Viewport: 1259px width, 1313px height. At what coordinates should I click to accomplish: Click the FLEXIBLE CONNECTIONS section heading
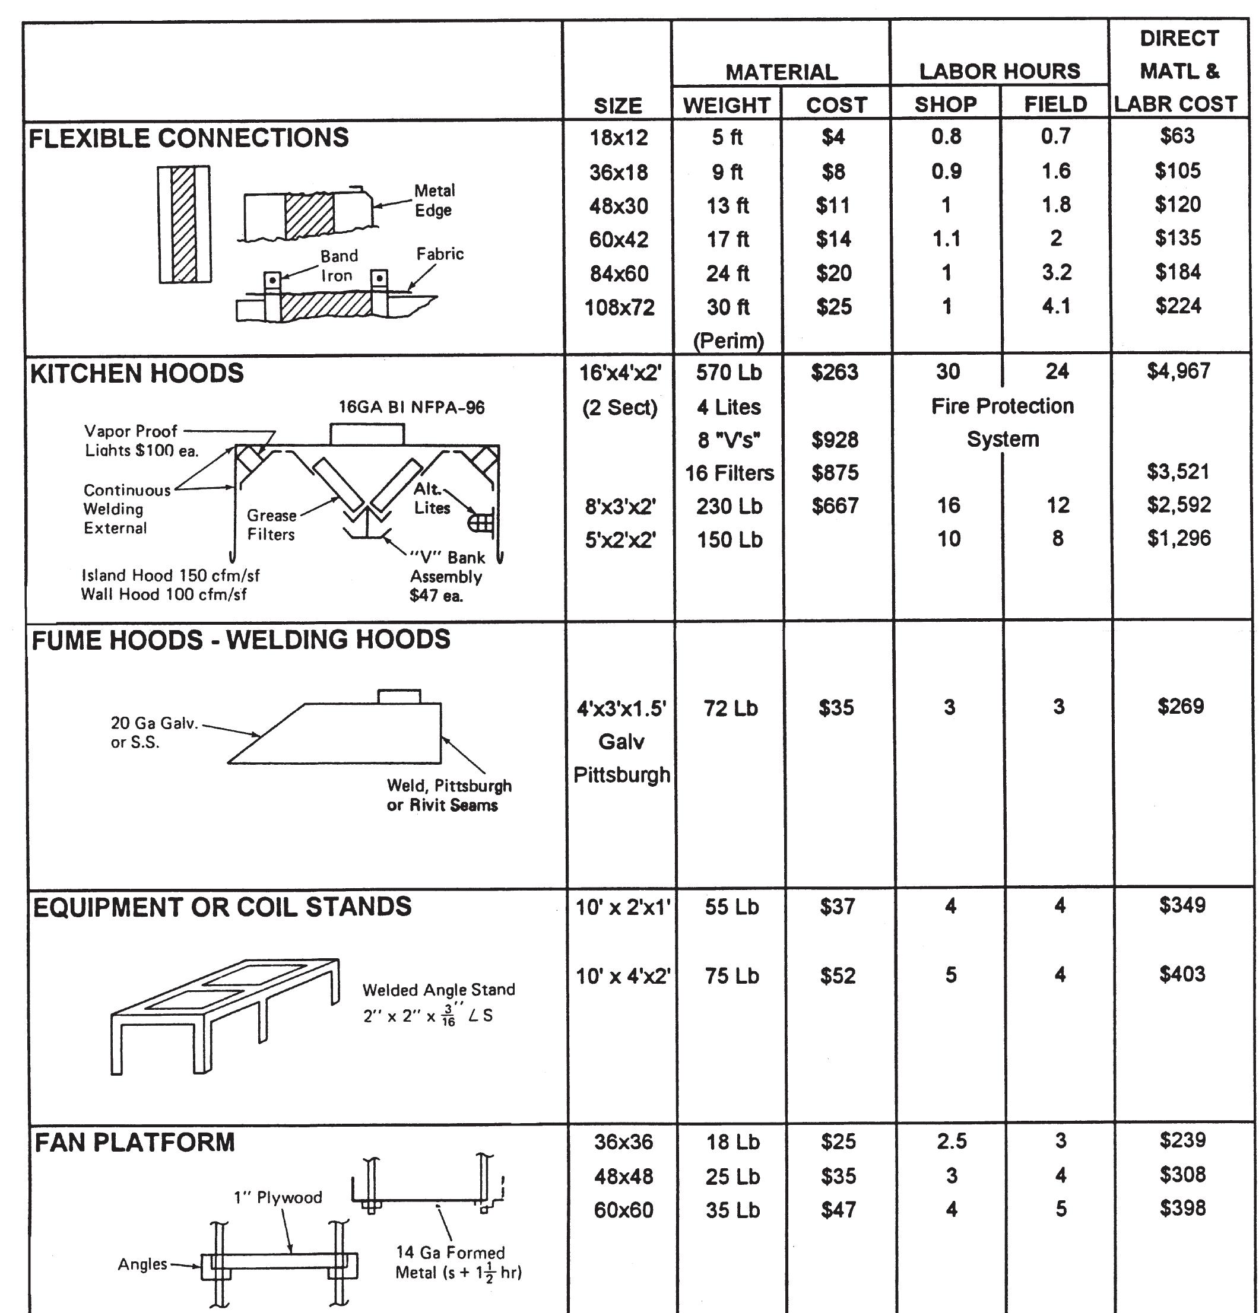click(x=188, y=138)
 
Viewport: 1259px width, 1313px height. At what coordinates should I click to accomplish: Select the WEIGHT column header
click(x=727, y=105)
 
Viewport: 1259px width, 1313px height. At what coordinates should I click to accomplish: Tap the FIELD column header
click(x=1055, y=104)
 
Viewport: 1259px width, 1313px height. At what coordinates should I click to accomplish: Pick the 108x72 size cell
click(x=619, y=307)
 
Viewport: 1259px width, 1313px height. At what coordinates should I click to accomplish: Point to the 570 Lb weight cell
click(x=728, y=373)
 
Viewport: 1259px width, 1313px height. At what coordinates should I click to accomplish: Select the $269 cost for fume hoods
click(x=1180, y=706)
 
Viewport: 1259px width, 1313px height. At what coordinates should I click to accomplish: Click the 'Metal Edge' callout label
click(x=433, y=201)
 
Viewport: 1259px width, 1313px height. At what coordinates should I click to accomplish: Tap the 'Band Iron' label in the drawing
click(x=338, y=266)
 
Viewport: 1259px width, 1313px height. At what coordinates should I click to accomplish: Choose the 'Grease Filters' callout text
click(x=271, y=524)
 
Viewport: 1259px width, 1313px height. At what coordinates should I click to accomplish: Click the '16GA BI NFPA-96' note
click(x=411, y=407)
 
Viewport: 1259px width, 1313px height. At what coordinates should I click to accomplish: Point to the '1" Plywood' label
click(x=278, y=1197)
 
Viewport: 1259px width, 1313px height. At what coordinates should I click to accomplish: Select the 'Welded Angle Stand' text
click(x=438, y=990)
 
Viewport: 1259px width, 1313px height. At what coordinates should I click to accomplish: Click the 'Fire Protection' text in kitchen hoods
click(x=1002, y=406)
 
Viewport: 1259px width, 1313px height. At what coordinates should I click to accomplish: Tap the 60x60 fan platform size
click(x=623, y=1210)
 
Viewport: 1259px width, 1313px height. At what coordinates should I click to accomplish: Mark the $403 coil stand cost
click(x=1181, y=974)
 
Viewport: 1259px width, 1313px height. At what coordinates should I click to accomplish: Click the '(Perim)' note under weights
click(x=728, y=341)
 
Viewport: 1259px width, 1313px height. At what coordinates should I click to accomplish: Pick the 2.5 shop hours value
click(x=951, y=1141)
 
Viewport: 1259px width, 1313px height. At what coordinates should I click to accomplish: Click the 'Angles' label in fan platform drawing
click(x=142, y=1264)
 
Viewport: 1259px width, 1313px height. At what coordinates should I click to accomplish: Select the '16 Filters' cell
click(x=729, y=473)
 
